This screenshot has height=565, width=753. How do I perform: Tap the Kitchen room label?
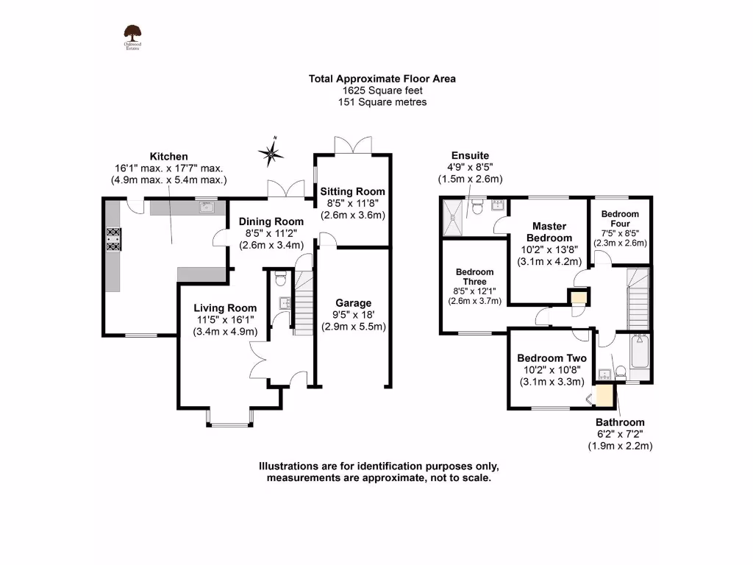[x=169, y=157]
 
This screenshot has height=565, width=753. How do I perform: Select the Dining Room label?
[x=270, y=221]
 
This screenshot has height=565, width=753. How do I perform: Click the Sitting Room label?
[x=351, y=191]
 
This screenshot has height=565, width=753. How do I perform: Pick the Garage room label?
[x=353, y=303]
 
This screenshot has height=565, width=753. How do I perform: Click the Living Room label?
[x=225, y=308]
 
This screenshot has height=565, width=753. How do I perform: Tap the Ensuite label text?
[x=470, y=155]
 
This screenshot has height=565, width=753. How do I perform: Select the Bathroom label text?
[x=620, y=422]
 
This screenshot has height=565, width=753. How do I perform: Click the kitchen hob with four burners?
[x=113, y=239]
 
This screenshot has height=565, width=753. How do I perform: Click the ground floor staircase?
[x=303, y=302]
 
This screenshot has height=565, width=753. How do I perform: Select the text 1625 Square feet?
[x=376, y=90]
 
